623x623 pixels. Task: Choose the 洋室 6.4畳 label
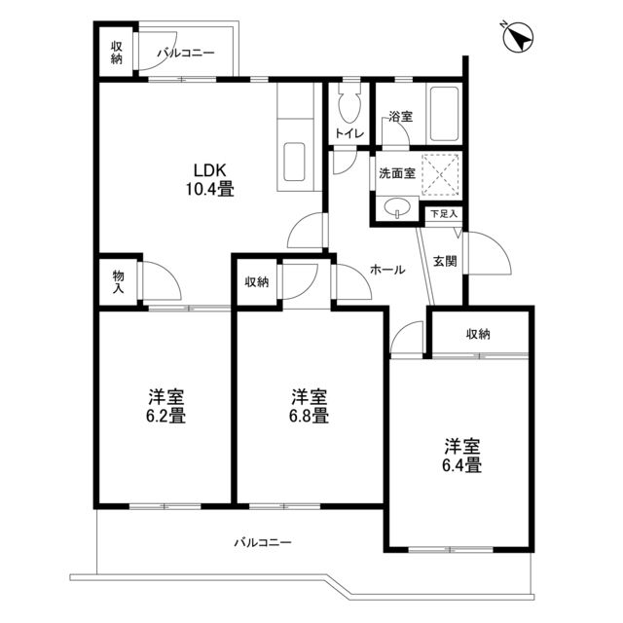pyautogui.click(x=462, y=456)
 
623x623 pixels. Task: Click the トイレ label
pyautogui.click(x=348, y=134)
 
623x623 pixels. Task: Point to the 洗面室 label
pyautogui.click(x=396, y=173)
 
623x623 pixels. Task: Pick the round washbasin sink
pyautogui.click(x=394, y=207)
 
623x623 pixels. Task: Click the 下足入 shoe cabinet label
pyautogui.click(x=444, y=212)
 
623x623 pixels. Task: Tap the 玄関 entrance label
pyautogui.click(x=444, y=261)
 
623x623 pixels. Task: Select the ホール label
pyautogui.click(x=387, y=271)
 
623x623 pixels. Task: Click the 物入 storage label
pyautogui.click(x=118, y=283)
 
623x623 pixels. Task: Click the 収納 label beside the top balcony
pyautogui.click(x=117, y=53)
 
